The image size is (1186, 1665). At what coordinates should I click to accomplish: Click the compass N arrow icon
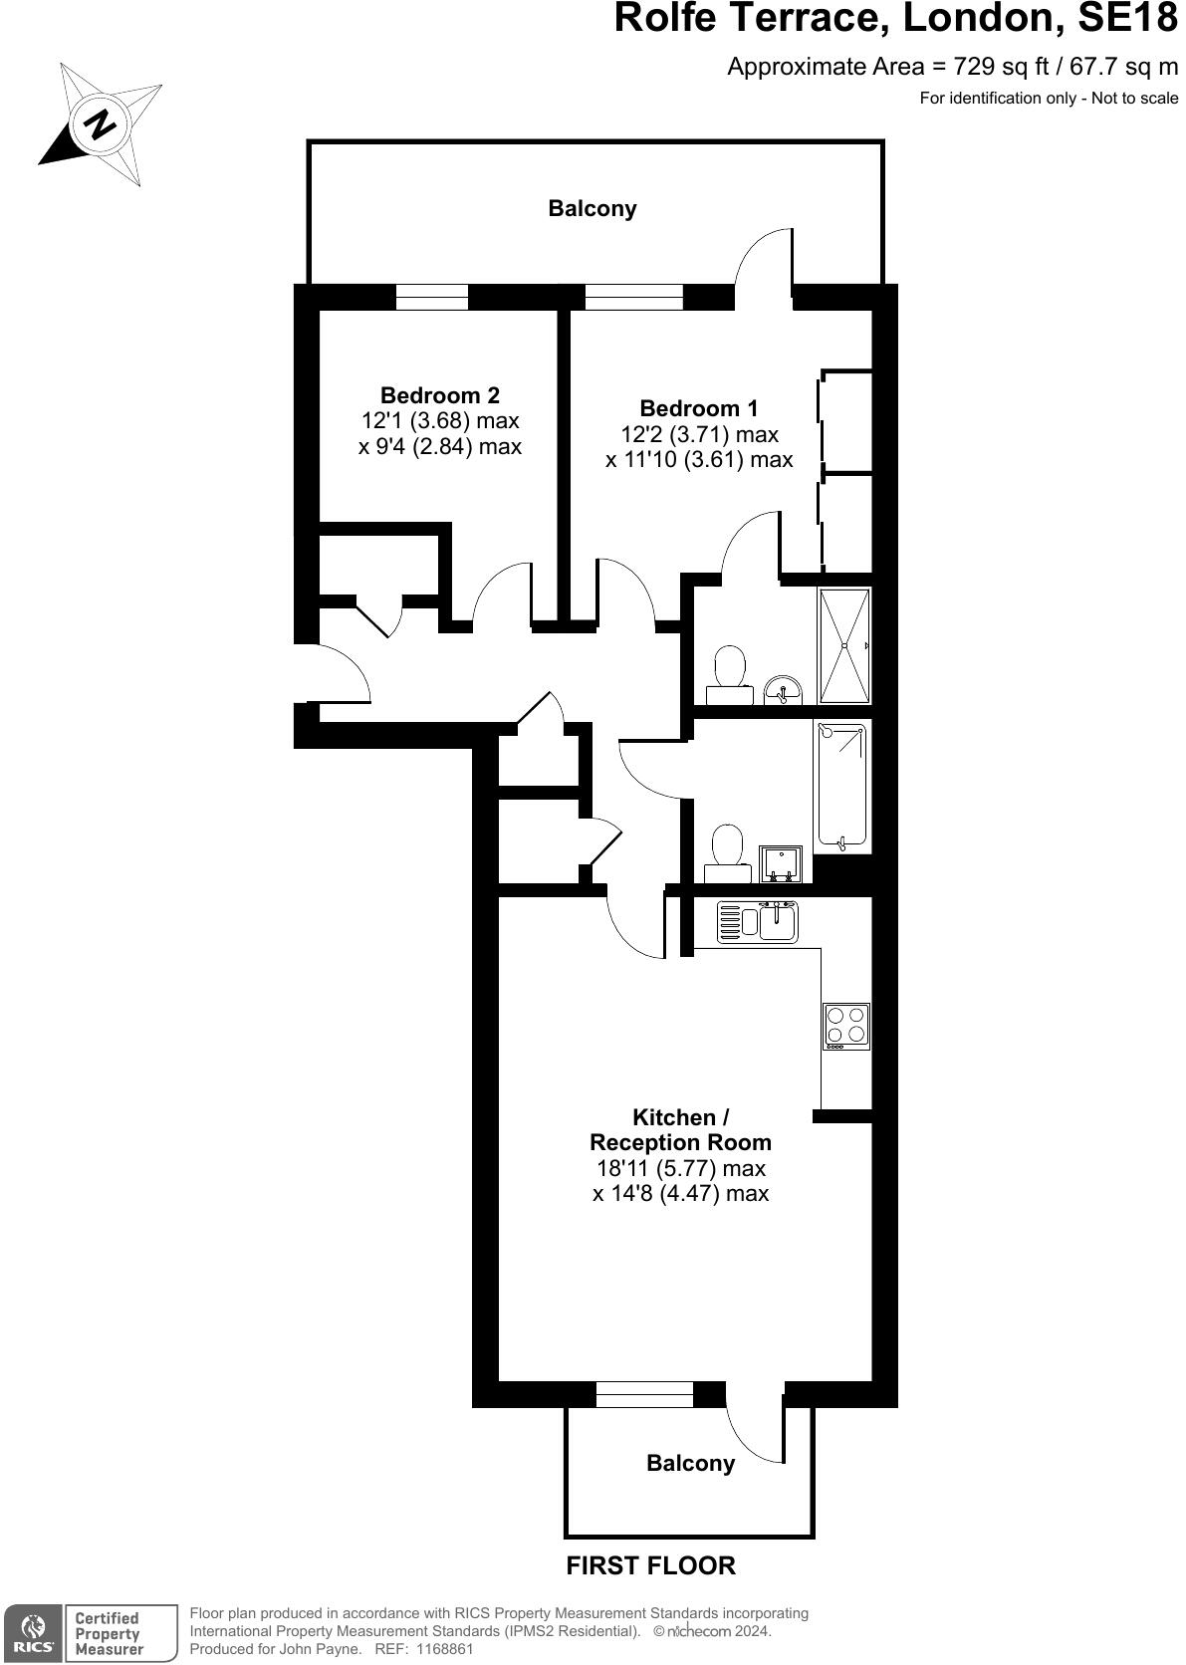click(100, 124)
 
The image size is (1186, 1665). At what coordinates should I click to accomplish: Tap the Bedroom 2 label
click(439, 394)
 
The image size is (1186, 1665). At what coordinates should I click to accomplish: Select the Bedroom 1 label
click(698, 408)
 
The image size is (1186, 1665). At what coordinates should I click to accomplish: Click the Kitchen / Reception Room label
click(680, 1130)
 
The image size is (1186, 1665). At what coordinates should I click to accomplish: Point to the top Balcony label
click(593, 209)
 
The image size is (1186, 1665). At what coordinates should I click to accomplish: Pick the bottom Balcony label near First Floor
click(690, 1463)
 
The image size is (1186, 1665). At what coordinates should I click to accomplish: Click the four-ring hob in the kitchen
click(845, 1026)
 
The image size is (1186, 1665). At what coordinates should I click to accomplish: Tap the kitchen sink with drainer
click(757, 921)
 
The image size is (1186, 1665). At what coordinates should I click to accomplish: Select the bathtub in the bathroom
click(841, 787)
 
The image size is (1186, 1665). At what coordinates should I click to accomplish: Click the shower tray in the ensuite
click(843, 646)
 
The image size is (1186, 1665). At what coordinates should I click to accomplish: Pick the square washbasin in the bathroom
click(780, 863)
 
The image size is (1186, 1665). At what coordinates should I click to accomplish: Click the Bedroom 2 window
click(431, 297)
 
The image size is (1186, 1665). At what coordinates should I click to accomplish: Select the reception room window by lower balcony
click(644, 1395)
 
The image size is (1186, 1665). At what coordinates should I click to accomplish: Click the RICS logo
click(31, 1633)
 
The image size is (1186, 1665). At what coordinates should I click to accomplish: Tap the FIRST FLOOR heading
click(650, 1565)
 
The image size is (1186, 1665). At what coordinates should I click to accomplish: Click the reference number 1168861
click(439, 1649)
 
